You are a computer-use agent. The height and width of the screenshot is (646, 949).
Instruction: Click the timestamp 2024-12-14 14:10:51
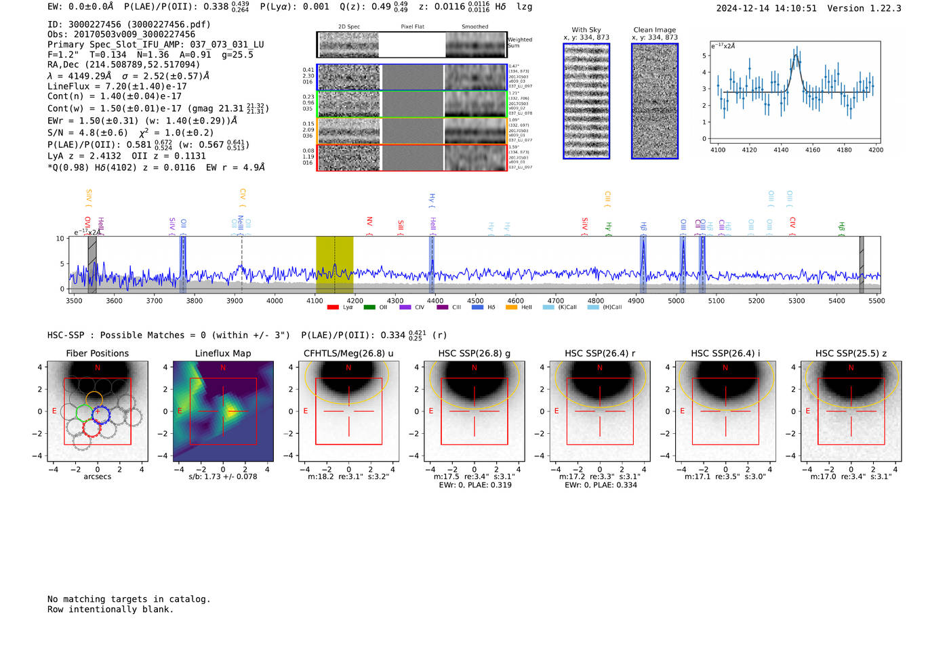[x=766, y=8]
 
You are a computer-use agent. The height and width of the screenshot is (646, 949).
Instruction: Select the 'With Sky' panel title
[x=586, y=30]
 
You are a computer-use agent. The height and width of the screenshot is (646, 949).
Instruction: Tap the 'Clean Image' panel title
[x=654, y=30]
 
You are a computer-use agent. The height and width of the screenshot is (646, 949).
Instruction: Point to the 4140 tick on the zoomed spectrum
[x=781, y=150]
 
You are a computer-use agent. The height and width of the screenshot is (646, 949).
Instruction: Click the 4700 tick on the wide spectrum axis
[x=556, y=300]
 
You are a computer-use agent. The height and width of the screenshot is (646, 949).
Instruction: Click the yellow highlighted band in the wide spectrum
[x=334, y=264]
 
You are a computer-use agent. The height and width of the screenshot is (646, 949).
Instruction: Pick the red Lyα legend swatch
[x=333, y=307]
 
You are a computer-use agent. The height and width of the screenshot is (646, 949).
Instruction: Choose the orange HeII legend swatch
[x=511, y=307]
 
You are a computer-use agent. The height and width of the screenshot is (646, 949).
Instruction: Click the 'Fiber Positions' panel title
[x=97, y=353]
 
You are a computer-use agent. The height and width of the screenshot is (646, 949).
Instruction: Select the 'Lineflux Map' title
[x=222, y=353]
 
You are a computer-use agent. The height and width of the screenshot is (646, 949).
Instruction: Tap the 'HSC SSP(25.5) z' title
[x=851, y=353]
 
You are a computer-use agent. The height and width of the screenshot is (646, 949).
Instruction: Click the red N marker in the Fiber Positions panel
[x=98, y=367]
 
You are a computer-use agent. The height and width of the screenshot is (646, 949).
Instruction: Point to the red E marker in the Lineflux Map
[x=180, y=411]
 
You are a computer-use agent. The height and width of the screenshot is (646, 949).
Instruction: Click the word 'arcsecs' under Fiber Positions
[x=97, y=477]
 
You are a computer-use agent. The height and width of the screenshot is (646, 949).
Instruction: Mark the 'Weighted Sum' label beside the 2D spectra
[x=519, y=43]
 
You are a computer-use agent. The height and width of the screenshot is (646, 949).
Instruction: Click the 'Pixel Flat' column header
[x=412, y=27]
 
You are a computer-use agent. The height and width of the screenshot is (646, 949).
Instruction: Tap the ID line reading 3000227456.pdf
[x=129, y=24]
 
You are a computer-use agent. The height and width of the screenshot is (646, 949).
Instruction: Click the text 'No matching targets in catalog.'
[x=129, y=599]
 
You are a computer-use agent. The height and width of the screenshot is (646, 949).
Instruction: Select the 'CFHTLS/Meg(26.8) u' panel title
[x=348, y=353]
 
